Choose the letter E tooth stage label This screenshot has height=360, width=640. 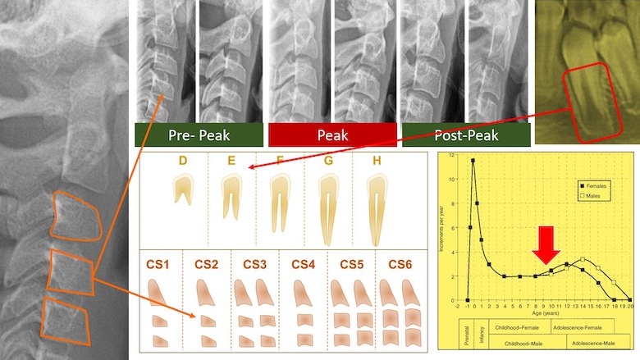point(232,162)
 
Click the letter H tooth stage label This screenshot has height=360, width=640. point(377,162)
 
